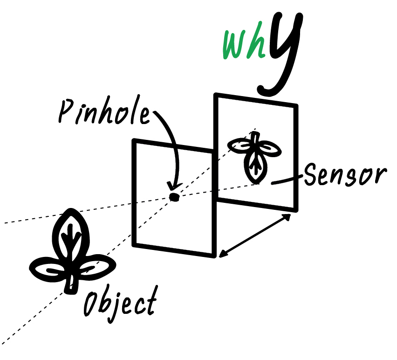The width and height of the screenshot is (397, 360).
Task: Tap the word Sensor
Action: (x=345, y=174)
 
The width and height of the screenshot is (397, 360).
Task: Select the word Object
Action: (x=120, y=303)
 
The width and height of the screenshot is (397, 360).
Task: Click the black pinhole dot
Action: (x=174, y=197)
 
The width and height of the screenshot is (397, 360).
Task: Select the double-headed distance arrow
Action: (x=255, y=236)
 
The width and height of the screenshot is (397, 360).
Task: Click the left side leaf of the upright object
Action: (x=47, y=268)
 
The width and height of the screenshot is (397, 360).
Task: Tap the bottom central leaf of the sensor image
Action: (x=255, y=168)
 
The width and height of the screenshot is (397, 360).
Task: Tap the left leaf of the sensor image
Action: (x=240, y=146)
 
